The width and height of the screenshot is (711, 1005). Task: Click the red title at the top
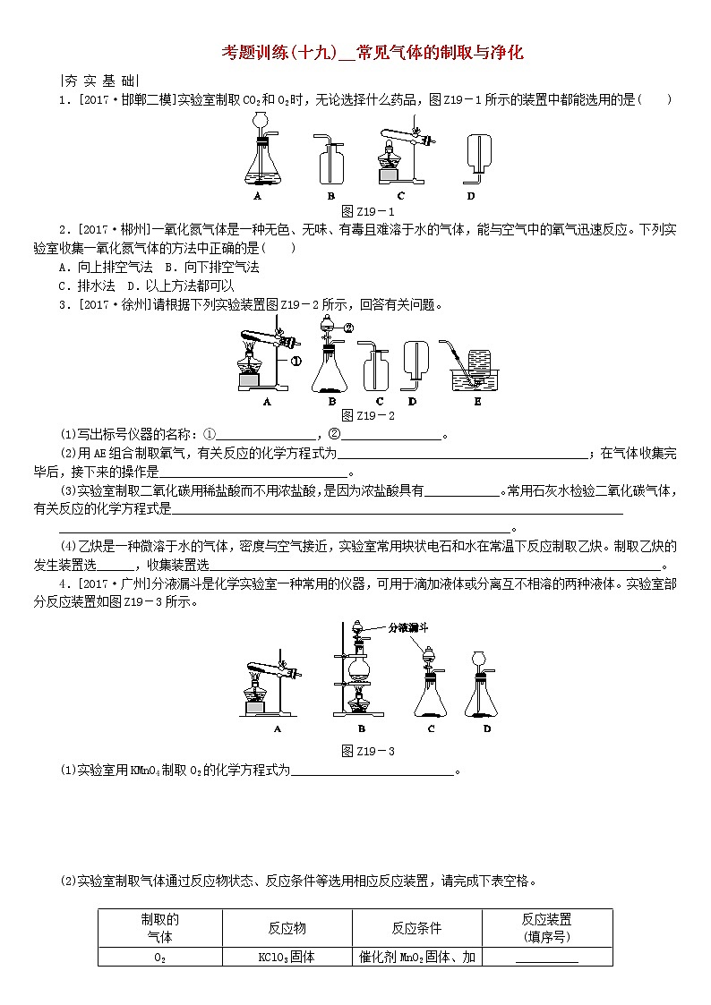tap(372, 53)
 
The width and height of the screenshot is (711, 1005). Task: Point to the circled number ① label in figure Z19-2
tap(296, 362)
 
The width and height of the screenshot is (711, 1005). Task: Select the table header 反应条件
tap(416, 928)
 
